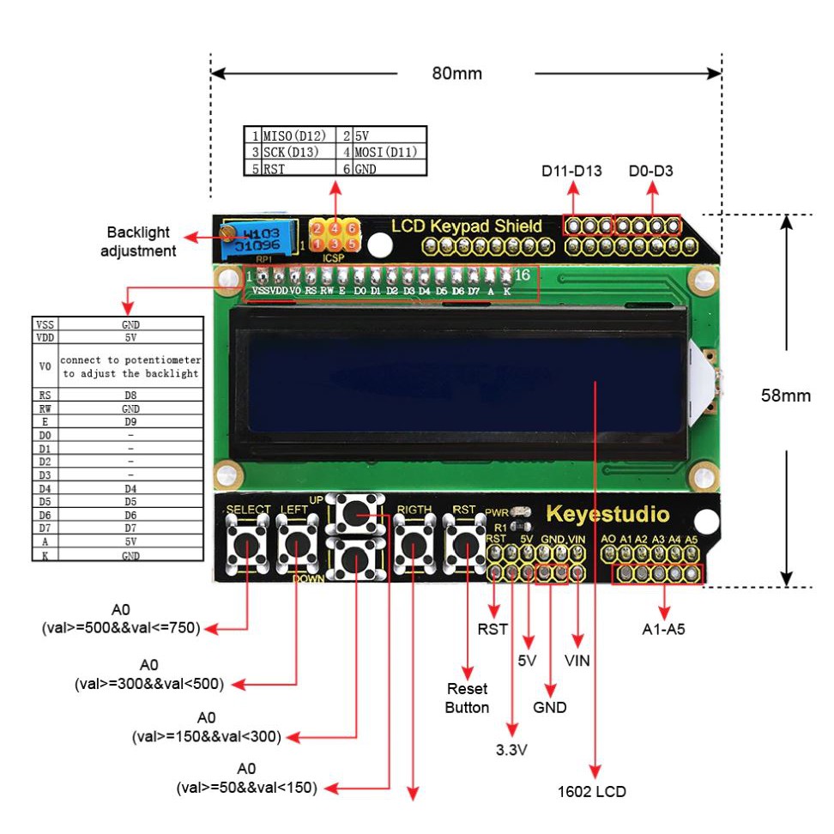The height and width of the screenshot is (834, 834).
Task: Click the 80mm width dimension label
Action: [x=456, y=73]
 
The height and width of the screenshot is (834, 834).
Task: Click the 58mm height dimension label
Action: [x=786, y=396]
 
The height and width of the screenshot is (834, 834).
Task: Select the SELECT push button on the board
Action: [x=247, y=544]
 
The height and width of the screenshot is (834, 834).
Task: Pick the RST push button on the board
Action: [x=464, y=544]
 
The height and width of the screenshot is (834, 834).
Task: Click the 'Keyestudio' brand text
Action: [x=607, y=515]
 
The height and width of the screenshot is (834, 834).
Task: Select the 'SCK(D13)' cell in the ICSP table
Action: [x=290, y=152]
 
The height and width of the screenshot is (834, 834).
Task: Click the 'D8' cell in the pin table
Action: [x=130, y=396]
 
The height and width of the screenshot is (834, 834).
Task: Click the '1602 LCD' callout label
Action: [x=591, y=790]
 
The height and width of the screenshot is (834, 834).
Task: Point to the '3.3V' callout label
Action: [x=511, y=749]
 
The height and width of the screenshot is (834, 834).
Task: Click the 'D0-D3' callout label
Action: [x=650, y=171]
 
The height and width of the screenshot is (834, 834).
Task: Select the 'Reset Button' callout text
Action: [x=467, y=698]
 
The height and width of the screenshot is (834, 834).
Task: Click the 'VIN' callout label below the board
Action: [x=577, y=661]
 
